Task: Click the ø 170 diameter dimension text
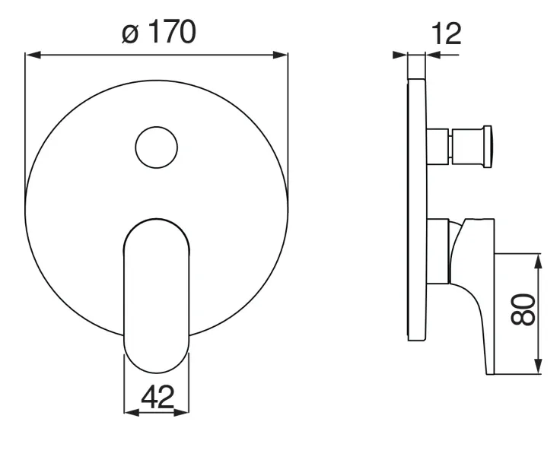pyautogui.click(x=159, y=32)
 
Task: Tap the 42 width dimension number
pyautogui.click(x=157, y=397)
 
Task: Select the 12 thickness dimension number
pyautogui.click(x=446, y=33)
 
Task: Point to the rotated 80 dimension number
pyautogui.click(x=523, y=309)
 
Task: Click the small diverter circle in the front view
pyautogui.click(x=157, y=147)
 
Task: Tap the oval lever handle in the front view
pyautogui.click(x=157, y=296)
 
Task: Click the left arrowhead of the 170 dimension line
pyautogui.click(x=33, y=55)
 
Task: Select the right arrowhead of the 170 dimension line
pyautogui.click(x=280, y=55)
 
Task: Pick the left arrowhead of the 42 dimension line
pyautogui.click(x=132, y=413)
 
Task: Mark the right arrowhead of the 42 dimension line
pyautogui.click(x=181, y=413)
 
